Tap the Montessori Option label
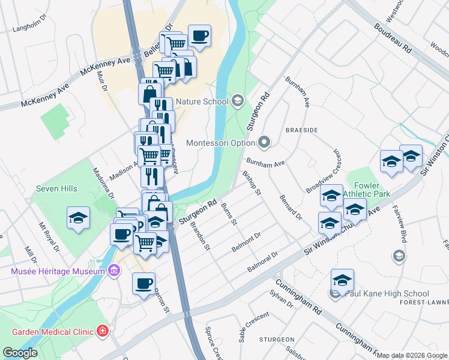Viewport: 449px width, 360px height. pos(221,143)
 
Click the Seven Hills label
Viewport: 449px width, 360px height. pos(56,188)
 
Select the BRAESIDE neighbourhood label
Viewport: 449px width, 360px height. pos(301,130)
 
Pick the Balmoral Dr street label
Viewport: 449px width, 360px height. pos(263,262)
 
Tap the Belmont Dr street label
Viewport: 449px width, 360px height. pos(246,242)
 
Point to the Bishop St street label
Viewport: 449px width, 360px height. pos(252,183)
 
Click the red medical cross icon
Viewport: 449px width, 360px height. pos(103,331)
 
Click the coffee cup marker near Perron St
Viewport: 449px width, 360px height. pos(143,283)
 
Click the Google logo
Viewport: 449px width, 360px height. pos(20,353)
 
